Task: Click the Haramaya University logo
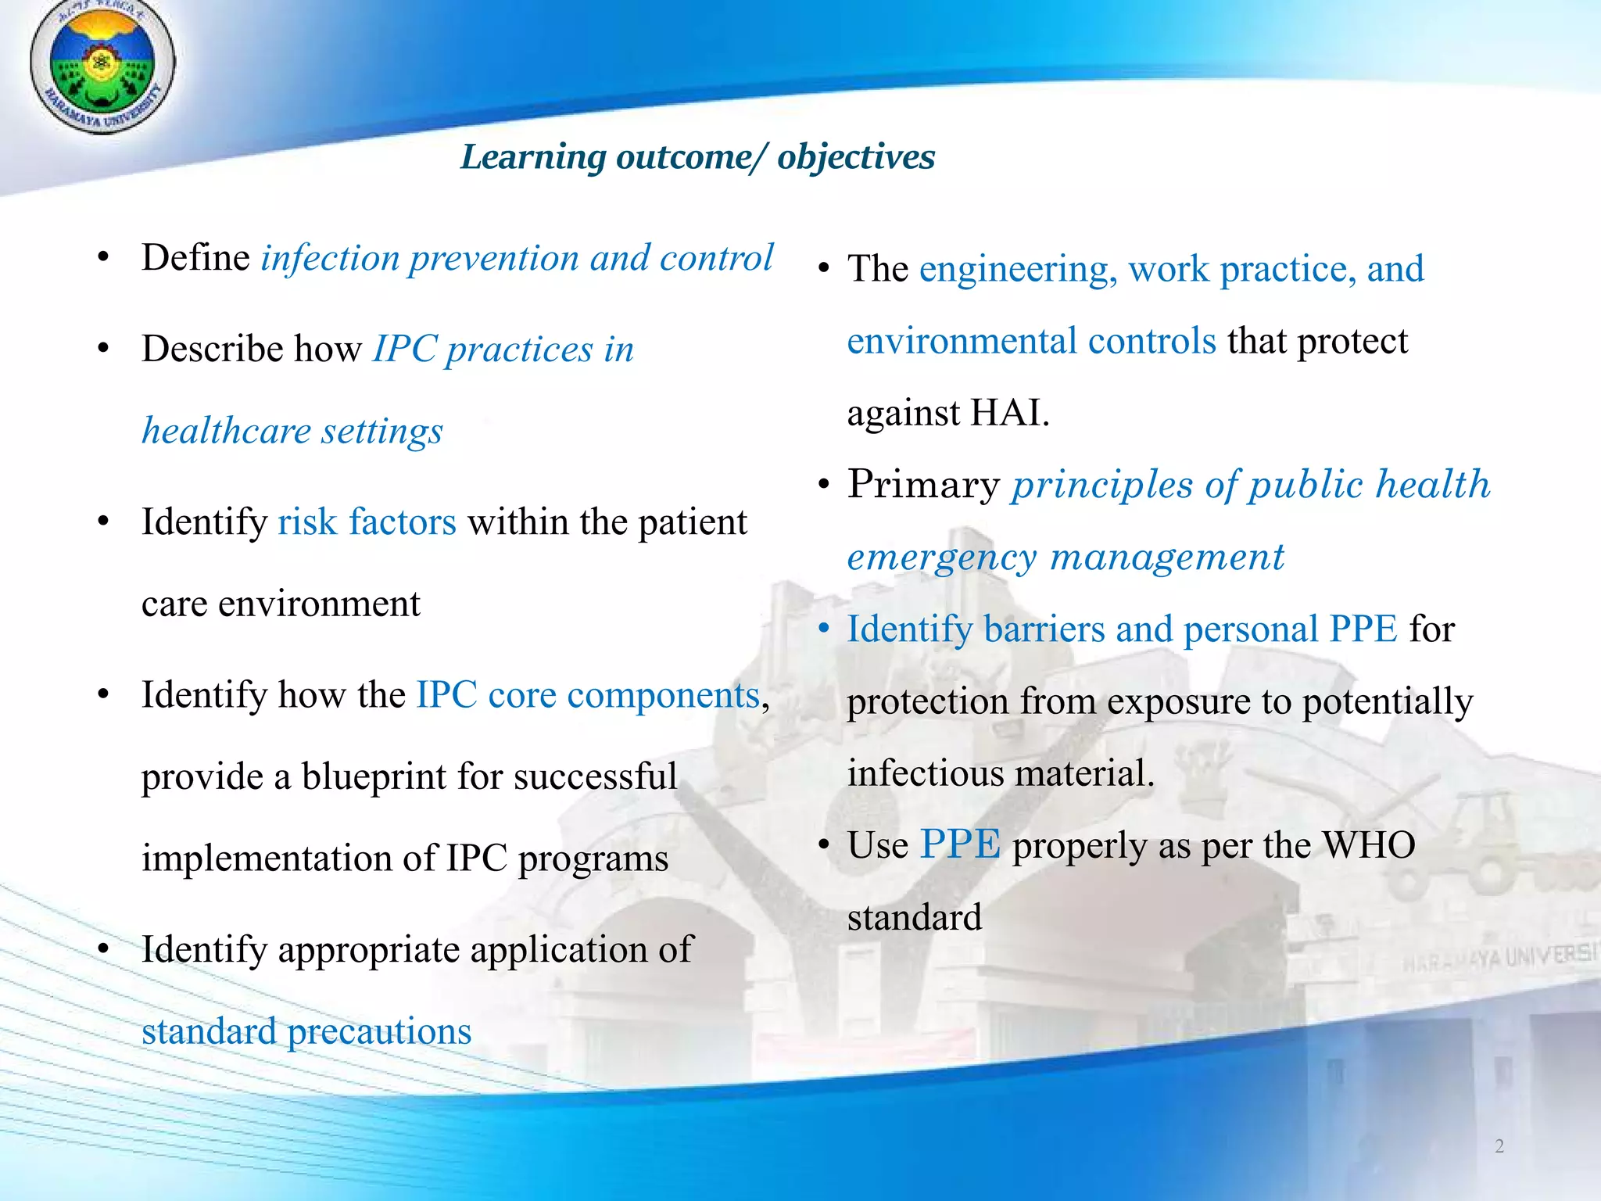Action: click(102, 66)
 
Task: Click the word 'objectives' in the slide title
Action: click(856, 157)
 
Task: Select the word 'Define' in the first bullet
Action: click(195, 258)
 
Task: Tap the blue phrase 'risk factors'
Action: click(367, 522)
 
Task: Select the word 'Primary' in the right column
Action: click(923, 485)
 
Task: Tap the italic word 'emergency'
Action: click(941, 557)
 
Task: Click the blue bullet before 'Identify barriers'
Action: click(823, 630)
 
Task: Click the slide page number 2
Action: click(1499, 1146)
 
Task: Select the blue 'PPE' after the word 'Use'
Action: click(960, 845)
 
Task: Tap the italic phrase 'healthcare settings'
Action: click(292, 432)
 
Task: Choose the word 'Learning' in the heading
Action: click(532, 157)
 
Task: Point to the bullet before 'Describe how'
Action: click(103, 350)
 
